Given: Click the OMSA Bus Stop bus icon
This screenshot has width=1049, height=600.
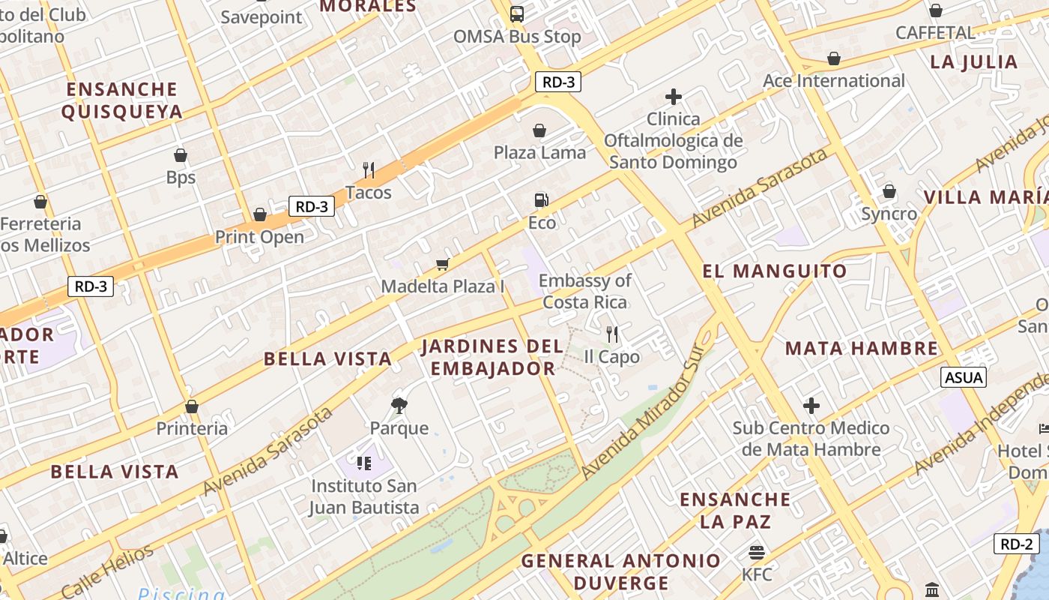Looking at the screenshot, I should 517,13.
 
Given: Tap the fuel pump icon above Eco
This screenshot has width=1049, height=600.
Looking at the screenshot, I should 541,199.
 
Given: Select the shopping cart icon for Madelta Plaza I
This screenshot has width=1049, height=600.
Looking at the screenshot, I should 442,264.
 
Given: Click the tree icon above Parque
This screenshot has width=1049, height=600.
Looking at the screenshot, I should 399,406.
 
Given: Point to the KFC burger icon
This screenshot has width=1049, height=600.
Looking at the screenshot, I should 757,553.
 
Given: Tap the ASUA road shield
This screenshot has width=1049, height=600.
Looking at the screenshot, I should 964,377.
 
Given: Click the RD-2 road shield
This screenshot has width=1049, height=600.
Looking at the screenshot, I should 1017,544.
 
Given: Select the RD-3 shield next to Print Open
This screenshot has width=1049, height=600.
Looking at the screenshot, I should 311,206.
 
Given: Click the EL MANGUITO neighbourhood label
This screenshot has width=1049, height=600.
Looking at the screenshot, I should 775,271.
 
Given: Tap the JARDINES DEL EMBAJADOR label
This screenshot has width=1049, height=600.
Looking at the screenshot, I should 492,358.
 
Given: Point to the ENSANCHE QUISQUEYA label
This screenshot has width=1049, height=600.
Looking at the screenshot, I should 122,100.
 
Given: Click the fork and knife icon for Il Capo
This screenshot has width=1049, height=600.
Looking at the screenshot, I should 612,334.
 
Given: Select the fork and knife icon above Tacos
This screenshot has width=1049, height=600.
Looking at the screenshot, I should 369,170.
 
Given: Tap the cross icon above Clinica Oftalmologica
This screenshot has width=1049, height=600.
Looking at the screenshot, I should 674,97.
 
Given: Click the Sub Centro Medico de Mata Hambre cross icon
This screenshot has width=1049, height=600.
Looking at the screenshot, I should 811,406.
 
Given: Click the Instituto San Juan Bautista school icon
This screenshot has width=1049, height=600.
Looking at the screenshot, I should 364,463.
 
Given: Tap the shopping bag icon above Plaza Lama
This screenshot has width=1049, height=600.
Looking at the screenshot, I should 539,130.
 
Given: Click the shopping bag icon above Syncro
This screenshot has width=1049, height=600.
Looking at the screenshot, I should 889,191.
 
